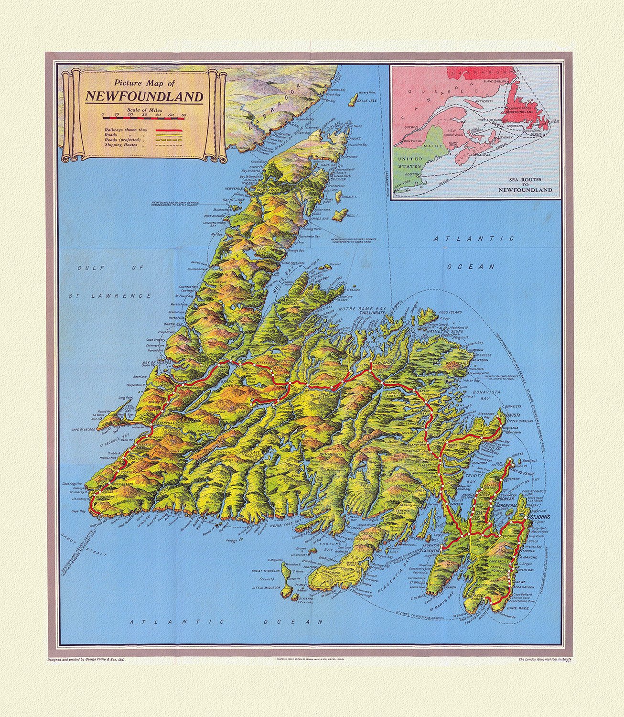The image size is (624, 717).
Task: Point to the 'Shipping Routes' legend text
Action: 122,144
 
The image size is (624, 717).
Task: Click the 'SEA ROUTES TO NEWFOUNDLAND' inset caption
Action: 525,186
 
